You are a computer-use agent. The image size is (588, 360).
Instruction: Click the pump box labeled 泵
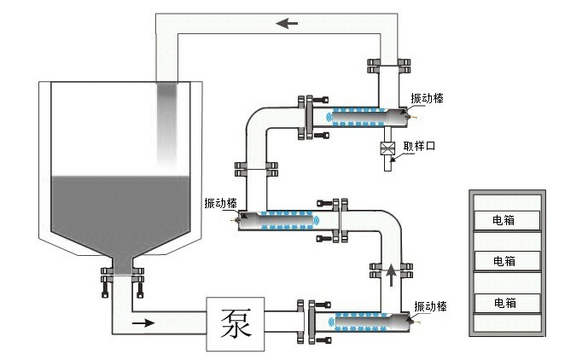click(236, 324)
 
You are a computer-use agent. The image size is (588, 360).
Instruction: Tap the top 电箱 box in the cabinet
click(507, 220)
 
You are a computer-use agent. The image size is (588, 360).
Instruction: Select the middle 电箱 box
click(507, 261)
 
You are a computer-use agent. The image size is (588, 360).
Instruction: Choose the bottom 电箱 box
click(507, 303)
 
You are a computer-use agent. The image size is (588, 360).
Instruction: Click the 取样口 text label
click(419, 146)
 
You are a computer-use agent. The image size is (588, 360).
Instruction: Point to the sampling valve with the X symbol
click(387, 148)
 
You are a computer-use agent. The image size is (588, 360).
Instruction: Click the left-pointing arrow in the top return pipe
click(287, 23)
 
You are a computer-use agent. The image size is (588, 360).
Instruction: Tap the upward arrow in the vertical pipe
click(391, 275)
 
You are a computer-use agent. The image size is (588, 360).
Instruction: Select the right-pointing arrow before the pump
click(143, 322)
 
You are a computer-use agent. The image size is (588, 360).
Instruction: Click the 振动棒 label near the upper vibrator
click(427, 98)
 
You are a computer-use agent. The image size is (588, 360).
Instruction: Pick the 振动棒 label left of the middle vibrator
click(220, 203)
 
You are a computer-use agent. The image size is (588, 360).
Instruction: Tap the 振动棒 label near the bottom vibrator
click(430, 306)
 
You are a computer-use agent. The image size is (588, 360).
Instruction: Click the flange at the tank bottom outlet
click(123, 275)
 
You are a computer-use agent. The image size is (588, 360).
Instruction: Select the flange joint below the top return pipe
click(388, 66)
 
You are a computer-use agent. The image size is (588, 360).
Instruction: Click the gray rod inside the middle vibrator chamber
click(278, 220)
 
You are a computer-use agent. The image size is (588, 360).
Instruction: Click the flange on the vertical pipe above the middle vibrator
click(256, 169)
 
